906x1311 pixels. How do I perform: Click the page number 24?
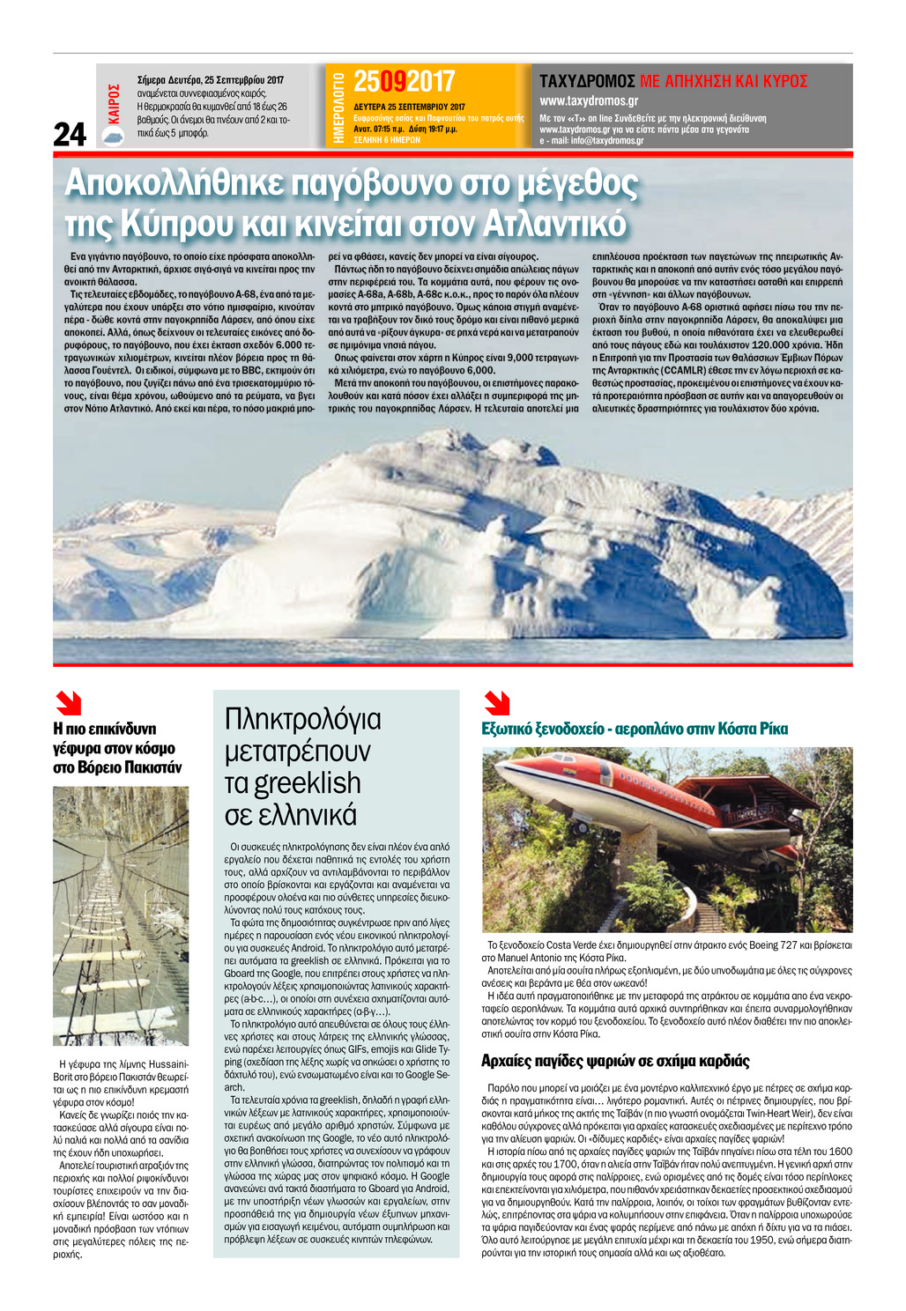tap(71, 134)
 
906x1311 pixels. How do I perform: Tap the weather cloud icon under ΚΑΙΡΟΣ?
tap(113, 135)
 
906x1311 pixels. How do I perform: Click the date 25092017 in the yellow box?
tap(404, 82)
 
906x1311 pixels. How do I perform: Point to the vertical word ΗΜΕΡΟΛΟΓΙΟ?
tap(338, 107)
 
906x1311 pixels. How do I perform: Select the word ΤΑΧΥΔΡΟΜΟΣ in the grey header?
tap(587, 81)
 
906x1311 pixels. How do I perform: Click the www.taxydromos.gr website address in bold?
tap(589, 101)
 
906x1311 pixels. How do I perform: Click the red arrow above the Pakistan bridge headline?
tap(68, 703)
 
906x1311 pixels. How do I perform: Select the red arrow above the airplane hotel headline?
tap(496, 703)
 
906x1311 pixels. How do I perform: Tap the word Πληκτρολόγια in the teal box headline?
tap(303, 719)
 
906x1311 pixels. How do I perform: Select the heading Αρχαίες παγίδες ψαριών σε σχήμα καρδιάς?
tap(615, 1061)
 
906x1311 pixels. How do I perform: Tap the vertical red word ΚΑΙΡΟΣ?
tap(114, 103)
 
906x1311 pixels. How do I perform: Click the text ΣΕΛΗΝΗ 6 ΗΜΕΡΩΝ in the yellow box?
tap(387, 140)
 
